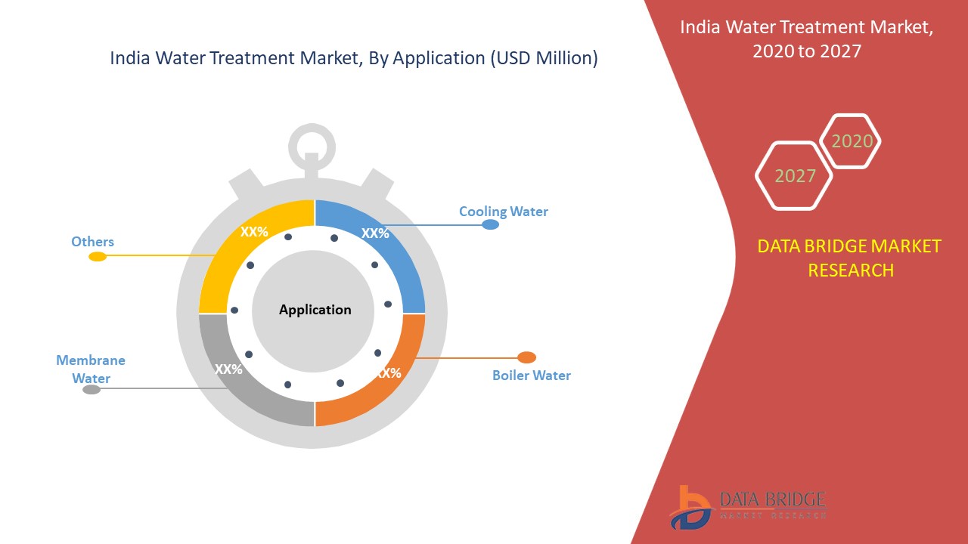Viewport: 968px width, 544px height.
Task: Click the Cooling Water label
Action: (503, 212)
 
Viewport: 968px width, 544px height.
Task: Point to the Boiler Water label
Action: (531, 375)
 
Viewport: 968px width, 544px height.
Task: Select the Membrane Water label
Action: (91, 369)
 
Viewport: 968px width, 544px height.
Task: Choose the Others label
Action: (92, 242)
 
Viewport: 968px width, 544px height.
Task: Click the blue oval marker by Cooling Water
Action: (490, 224)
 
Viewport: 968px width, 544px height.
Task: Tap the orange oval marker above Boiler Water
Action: (526, 357)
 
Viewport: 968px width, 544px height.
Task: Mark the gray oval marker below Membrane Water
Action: (91, 390)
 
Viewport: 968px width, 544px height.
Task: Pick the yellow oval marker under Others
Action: (98, 257)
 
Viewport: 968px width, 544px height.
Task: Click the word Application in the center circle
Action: (315, 310)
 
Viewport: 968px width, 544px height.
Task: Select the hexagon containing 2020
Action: (852, 141)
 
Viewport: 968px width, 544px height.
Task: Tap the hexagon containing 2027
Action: (794, 175)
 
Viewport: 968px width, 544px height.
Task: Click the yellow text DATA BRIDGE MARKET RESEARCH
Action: (850, 258)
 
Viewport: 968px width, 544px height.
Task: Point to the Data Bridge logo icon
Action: (690, 507)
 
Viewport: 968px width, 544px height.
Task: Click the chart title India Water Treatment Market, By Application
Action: (354, 58)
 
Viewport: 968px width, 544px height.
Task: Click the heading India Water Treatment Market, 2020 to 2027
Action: (806, 39)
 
